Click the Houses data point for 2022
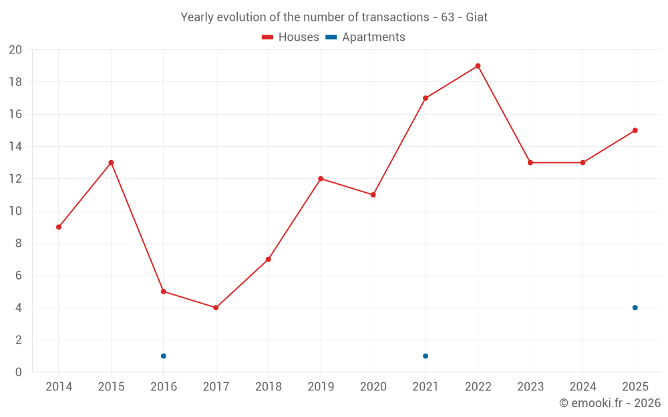(x=478, y=66)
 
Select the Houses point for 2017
(x=216, y=308)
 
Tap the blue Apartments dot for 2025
(x=635, y=308)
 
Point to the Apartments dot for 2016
(x=164, y=356)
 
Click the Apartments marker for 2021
(x=426, y=356)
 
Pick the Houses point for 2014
(x=59, y=228)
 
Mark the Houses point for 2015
(x=111, y=163)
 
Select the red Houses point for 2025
(x=635, y=131)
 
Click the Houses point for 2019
(x=321, y=179)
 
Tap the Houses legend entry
(x=291, y=37)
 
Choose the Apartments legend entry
(x=365, y=37)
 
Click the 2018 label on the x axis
(x=269, y=386)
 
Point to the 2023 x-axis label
(x=530, y=386)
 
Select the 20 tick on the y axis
(x=15, y=50)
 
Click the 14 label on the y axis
(x=15, y=146)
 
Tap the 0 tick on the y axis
(x=18, y=372)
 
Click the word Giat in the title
(x=477, y=17)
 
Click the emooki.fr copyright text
(x=610, y=402)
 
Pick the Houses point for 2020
(x=373, y=195)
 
